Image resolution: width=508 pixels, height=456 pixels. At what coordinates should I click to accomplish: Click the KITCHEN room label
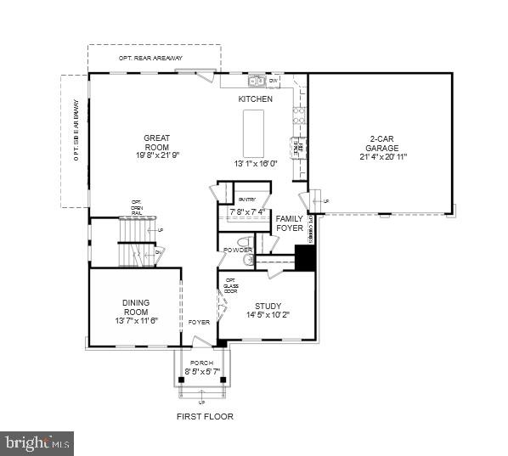(x=255, y=99)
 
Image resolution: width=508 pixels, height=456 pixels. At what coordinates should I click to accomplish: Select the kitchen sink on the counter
(x=256, y=82)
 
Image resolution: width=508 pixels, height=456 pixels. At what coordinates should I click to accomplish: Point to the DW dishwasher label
(x=274, y=82)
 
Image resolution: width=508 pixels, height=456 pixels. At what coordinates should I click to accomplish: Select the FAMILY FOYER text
(x=290, y=223)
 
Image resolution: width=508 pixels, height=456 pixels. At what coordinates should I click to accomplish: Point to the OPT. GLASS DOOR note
(x=230, y=285)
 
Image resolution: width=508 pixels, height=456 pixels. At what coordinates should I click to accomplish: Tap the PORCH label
(x=201, y=363)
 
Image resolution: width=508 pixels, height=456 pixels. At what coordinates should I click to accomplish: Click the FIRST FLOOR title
(x=205, y=416)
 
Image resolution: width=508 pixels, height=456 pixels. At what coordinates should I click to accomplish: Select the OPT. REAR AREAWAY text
(x=154, y=58)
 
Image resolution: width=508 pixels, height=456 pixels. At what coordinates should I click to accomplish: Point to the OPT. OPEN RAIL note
(x=136, y=207)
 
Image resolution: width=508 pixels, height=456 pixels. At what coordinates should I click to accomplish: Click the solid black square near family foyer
(x=305, y=258)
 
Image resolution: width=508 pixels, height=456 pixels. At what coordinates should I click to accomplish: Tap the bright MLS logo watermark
(x=37, y=442)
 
